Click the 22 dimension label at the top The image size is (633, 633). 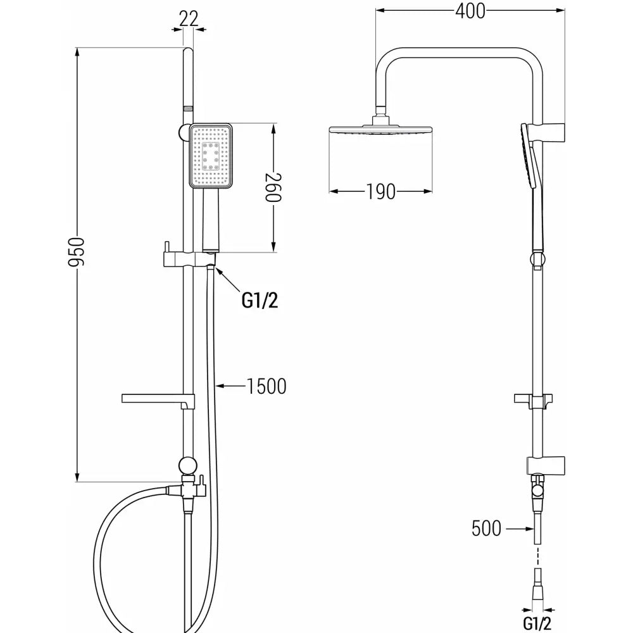[x=189, y=18]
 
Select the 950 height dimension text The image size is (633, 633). [x=76, y=253]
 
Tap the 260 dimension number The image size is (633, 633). [x=273, y=187]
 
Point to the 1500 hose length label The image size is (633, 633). [x=266, y=386]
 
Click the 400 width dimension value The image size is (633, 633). [x=470, y=11]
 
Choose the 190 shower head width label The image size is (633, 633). [x=380, y=192]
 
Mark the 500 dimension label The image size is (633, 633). [x=486, y=528]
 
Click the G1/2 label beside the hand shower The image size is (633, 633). [x=260, y=300]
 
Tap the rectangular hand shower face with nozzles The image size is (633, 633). [x=211, y=156]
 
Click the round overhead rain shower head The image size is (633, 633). [x=380, y=130]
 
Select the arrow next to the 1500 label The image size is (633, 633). [x=230, y=386]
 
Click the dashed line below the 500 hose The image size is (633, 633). [x=537, y=556]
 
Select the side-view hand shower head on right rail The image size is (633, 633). [x=529, y=156]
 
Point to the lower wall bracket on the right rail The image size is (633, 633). [x=546, y=465]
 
